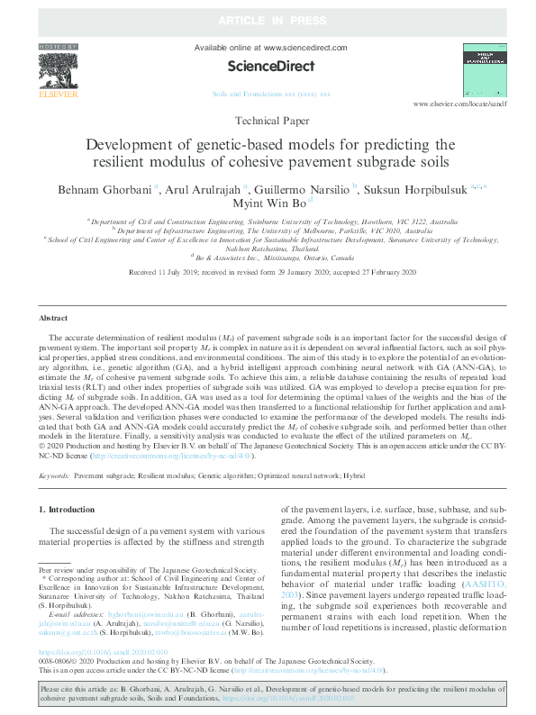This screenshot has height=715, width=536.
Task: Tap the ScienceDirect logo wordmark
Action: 271,67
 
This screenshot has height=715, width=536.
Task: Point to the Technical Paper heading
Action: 270,121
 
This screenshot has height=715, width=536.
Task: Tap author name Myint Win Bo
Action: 268,204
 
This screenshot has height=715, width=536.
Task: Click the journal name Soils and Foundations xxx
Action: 270,94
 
